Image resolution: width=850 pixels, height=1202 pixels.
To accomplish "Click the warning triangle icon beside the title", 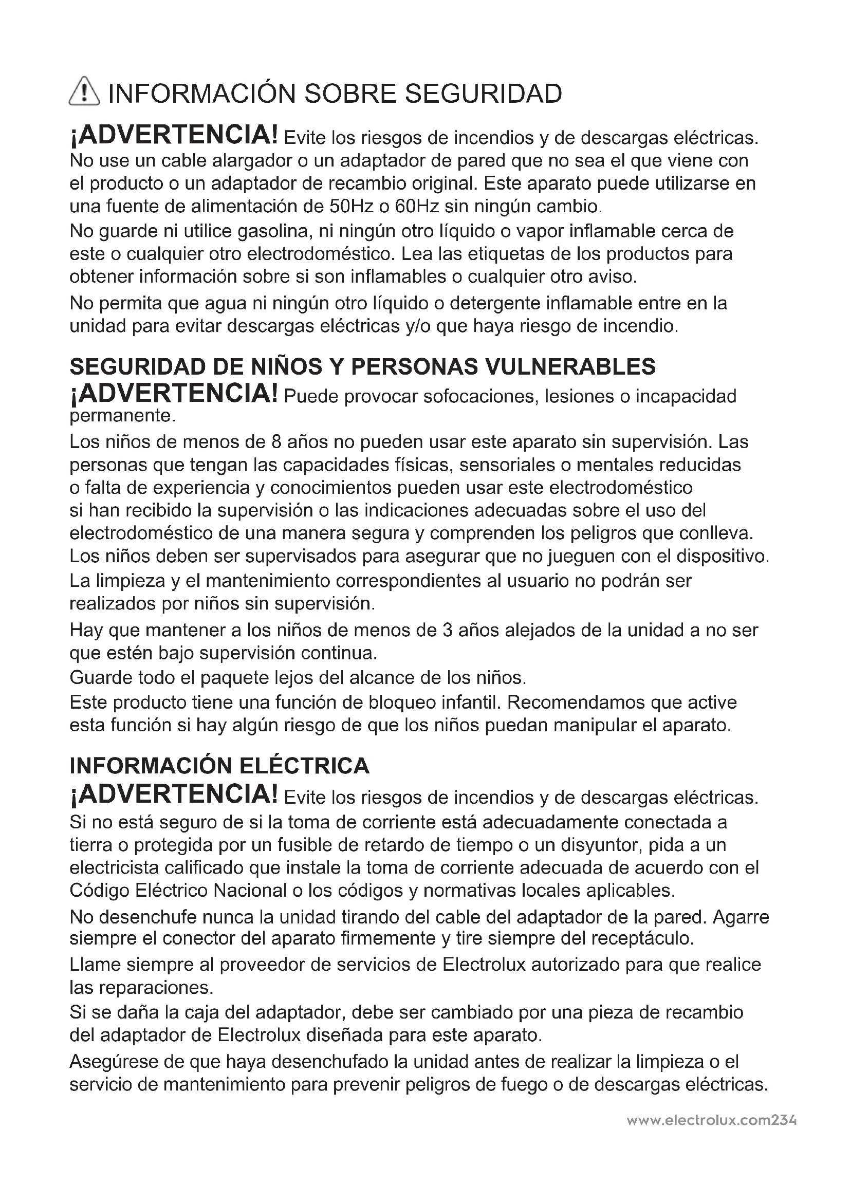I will click(84, 93).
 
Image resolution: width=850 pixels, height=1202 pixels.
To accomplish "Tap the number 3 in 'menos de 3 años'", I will click(447, 631).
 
